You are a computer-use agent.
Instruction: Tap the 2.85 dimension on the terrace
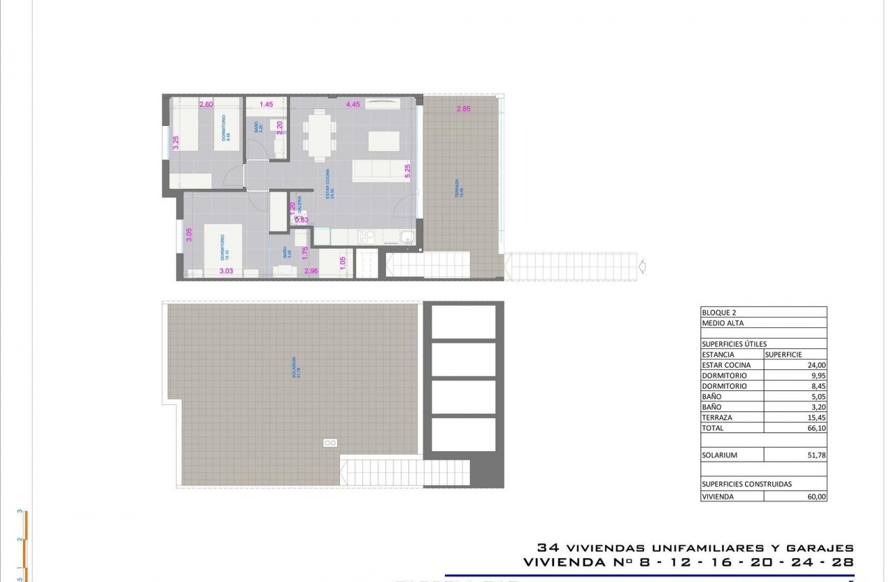[x=463, y=109]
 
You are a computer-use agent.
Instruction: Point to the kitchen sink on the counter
[x=407, y=236]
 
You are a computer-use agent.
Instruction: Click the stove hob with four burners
[x=367, y=236]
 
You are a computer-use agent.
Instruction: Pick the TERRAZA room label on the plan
[x=457, y=188]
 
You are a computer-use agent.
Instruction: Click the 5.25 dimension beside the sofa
[x=407, y=171]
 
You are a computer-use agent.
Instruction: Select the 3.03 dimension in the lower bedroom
[x=226, y=271]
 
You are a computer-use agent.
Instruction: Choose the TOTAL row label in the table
[x=712, y=428]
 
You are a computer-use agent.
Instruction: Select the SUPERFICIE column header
[x=784, y=354]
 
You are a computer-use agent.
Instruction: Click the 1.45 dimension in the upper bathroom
[x=266, y=104]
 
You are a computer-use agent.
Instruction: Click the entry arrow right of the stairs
[x=642, y=266]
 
